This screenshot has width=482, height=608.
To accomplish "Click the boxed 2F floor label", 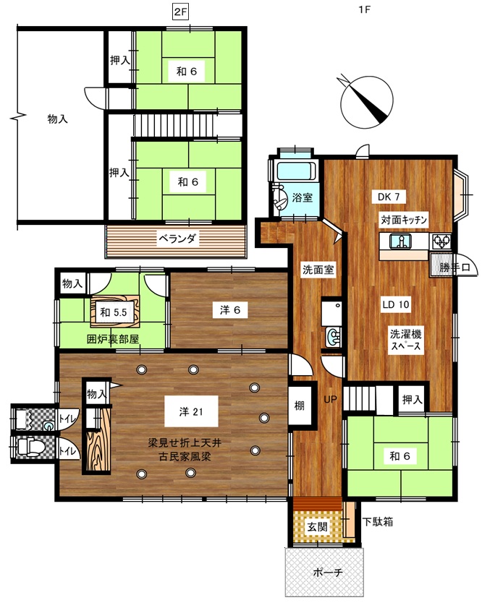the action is (180, 12).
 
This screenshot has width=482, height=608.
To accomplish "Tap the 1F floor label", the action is (365, 9).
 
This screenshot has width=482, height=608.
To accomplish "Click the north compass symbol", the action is (365, 102).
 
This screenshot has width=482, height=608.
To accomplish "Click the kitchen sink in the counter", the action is (401, 241).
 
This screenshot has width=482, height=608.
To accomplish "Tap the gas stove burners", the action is (441, 241).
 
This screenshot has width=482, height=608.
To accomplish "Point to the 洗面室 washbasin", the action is (334, 337).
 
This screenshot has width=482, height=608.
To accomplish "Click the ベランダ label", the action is (177, 239).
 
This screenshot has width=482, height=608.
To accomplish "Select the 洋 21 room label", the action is (191, 412).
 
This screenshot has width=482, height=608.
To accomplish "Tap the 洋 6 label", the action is (230, 310).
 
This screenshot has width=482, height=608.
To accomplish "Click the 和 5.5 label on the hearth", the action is (114, 312).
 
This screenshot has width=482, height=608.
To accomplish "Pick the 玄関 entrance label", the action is (318, 526).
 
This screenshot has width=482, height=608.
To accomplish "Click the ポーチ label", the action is (327, 573).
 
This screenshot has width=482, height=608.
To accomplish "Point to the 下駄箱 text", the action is (378, 521).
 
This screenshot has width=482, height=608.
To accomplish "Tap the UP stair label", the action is (330, 399).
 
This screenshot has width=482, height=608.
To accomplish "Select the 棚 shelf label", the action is (299, 406).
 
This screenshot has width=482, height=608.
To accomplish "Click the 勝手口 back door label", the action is (454, 267).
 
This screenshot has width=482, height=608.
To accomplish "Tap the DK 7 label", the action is (389, 197).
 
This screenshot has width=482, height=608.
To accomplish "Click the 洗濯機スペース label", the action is (405, 340).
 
